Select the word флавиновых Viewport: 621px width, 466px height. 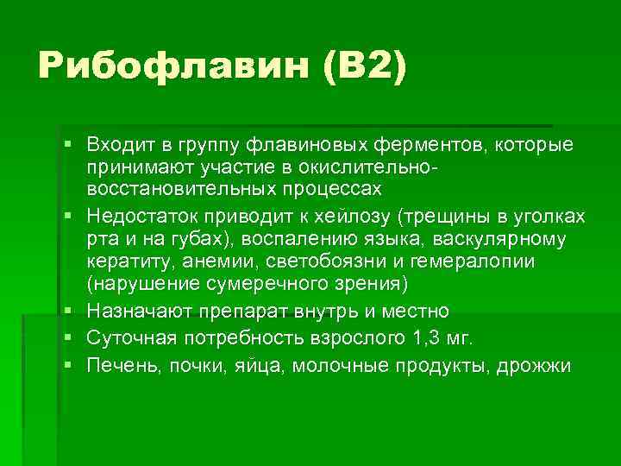(298, 142)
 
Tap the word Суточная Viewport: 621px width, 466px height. (126, 337)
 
